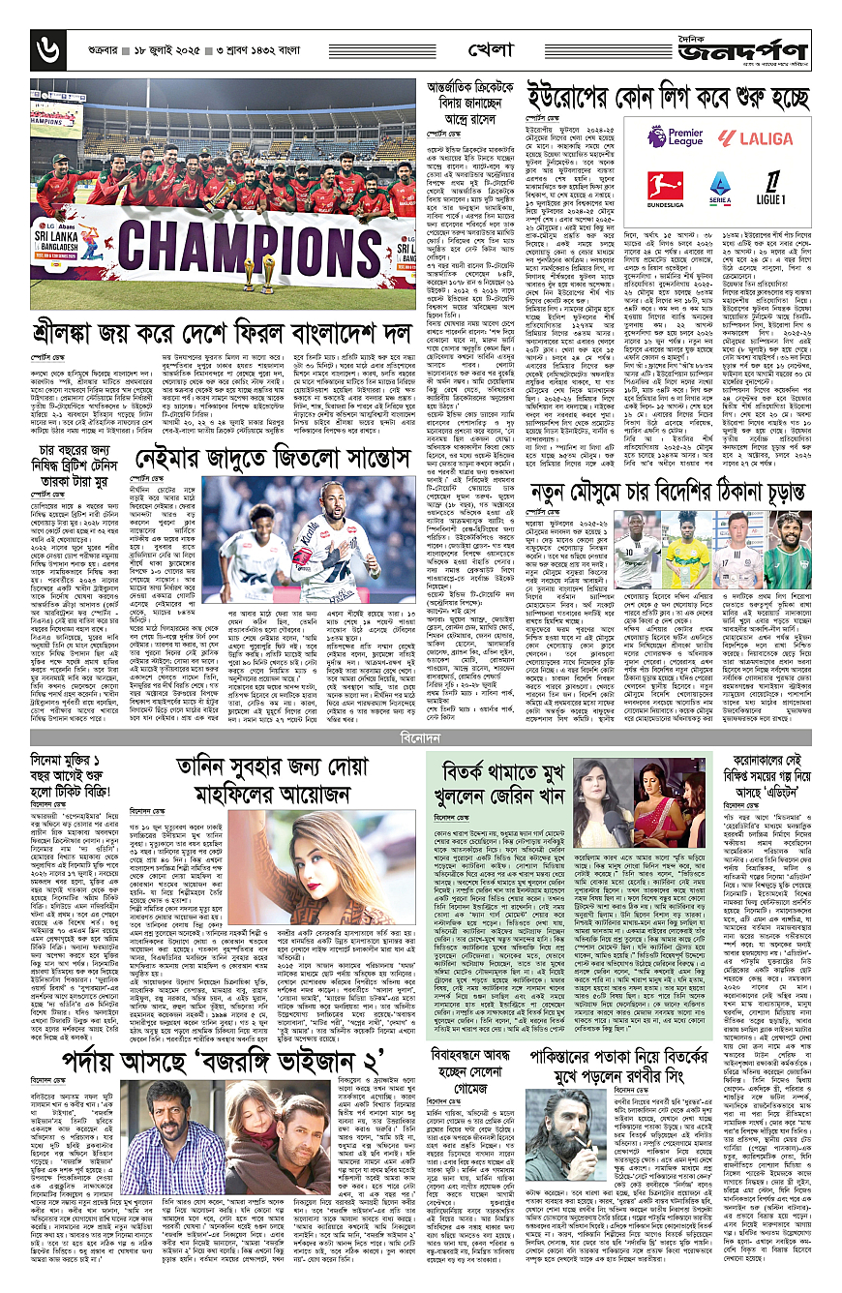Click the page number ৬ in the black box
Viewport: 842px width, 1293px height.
pos(45,45)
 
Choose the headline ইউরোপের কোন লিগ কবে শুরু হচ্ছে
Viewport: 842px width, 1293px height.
pos(667,98)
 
